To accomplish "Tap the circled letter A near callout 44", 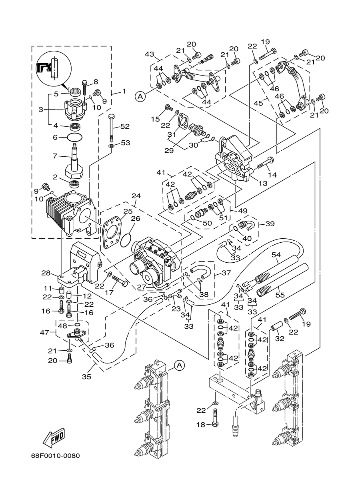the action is (x=140, y=96).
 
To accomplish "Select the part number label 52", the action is (x=125, y=126).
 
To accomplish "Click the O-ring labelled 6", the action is (x=74, y=137).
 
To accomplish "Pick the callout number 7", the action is (x=55, y=156).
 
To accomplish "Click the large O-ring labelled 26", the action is (x=126, y=238).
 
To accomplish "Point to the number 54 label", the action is (x=276, y=255).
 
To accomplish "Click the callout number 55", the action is (x=280, y=295).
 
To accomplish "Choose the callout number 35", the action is (x=86, y=377).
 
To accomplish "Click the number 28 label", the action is (x=46, y=273).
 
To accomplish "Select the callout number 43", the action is (x=150, y=54).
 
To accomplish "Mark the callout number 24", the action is (x=136, y=196).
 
